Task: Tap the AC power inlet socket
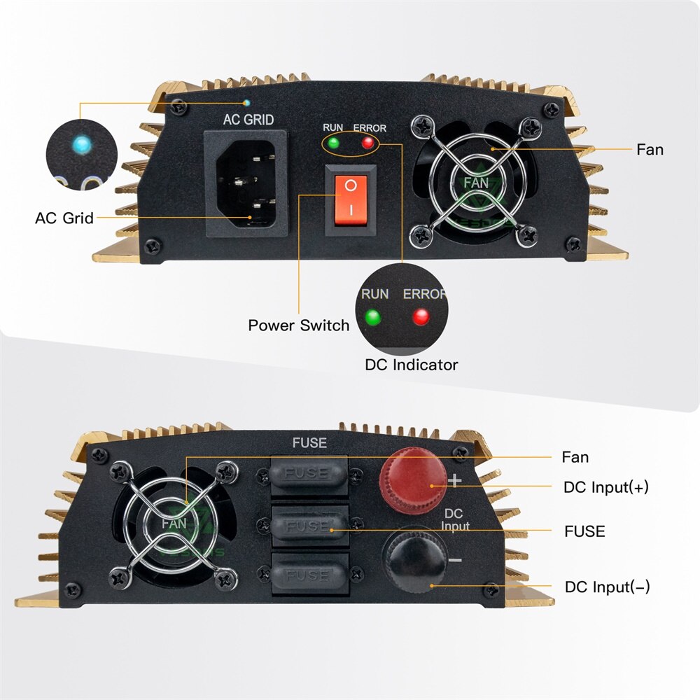tap(245, 183)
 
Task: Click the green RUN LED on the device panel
tap(332, 143)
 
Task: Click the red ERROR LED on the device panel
tap(367, 143)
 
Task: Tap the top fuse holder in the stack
tap(308, 475)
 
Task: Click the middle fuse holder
tap(308, 525)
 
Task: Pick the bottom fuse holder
tap(308, 575)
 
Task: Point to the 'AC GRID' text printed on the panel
tap(248, 120)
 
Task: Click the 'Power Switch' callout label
tap(298, 325)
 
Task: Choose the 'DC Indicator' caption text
tap(412, 365)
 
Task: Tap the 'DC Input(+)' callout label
tap(606, 487)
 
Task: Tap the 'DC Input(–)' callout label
tap(607, 587)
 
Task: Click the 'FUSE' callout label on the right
tap(584, 531)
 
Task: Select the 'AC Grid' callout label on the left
tap(64, 218)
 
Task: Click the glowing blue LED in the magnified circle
tap(83, 146)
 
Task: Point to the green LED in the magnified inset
tap(372, 317)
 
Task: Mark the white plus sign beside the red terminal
tap(455, 480)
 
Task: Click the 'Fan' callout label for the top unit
tap(650, 149)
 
